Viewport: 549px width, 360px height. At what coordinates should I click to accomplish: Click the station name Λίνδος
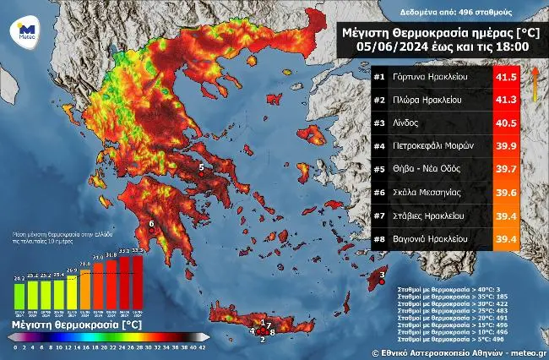pyautogui.click(x=405, y=123)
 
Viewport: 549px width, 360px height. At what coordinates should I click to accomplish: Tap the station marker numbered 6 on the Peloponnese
pyautogui.click(x=151, y=224)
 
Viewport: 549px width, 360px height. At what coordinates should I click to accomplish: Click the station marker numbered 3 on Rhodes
pyautogui.click(x=382, y=274)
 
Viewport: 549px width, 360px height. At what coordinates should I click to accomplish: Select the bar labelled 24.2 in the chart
pyautogui.click(x=19, y=293)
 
